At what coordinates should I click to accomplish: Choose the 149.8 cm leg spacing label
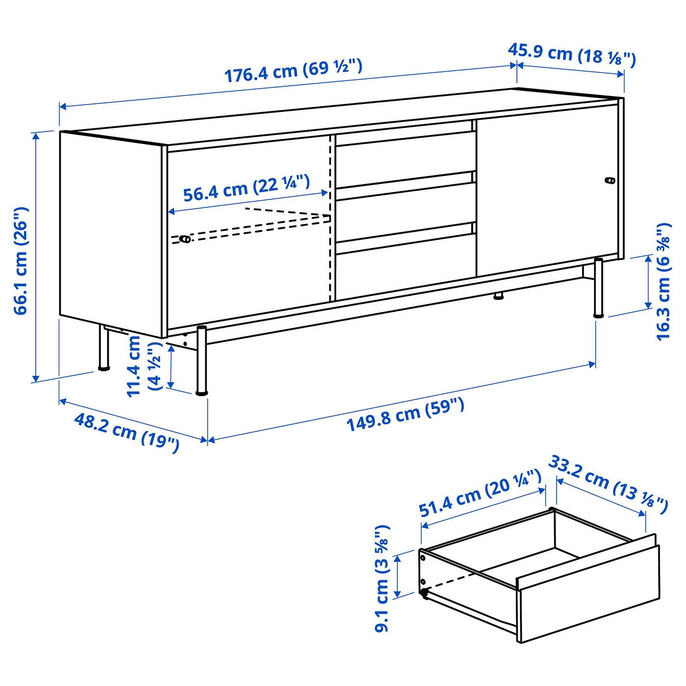tap(405, 415)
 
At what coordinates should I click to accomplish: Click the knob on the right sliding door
tap(610, 180)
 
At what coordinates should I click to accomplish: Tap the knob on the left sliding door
tap(185, 239)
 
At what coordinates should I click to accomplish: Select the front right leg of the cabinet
tap(598, 288)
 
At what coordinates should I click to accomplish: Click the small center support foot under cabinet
tap(498, 296)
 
